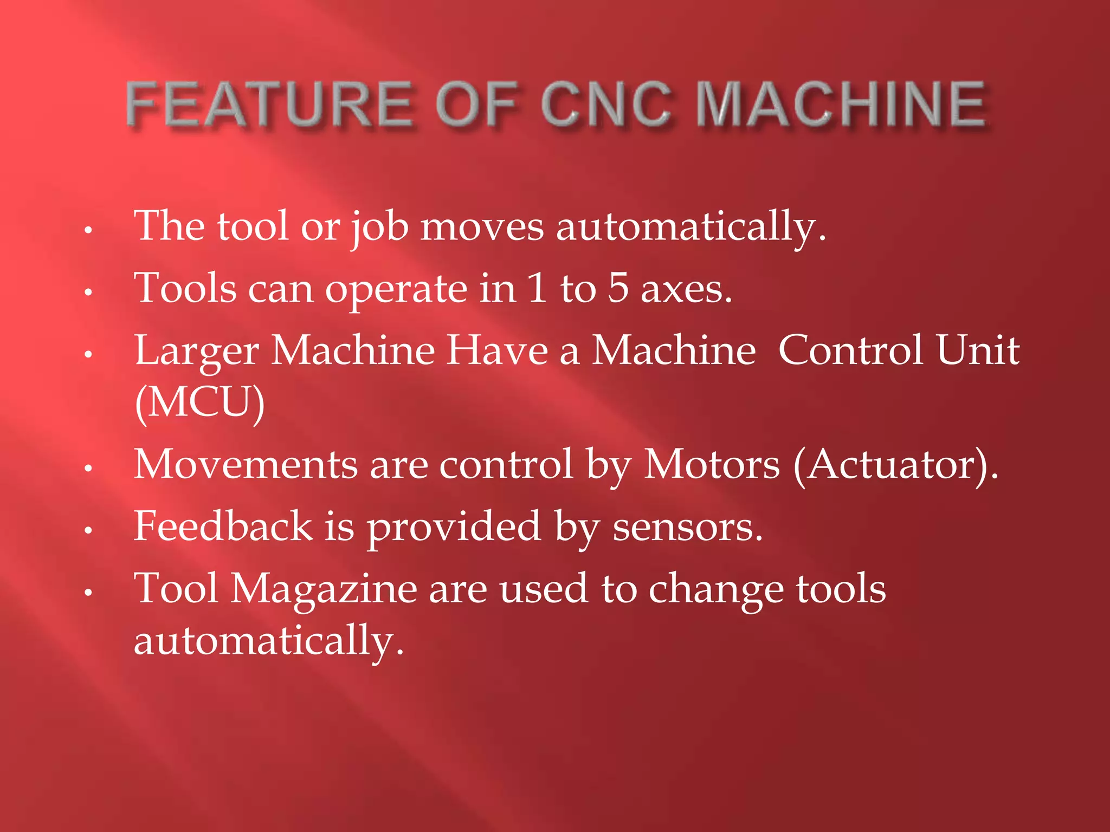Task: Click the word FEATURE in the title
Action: click(268, 104)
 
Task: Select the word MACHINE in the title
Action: click(841, 104)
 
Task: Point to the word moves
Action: click(482, 226)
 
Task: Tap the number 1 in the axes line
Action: click(537, 288)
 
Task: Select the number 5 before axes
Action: click(618, 288)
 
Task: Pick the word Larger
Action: click(197, 351)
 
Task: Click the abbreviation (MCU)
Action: click(200, 402)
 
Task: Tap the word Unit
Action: click(978, 350)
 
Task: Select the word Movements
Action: click(246, 465)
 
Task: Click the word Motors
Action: click(712, 465)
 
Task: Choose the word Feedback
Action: click(223, 526)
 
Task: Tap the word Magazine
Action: click(324, 589)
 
